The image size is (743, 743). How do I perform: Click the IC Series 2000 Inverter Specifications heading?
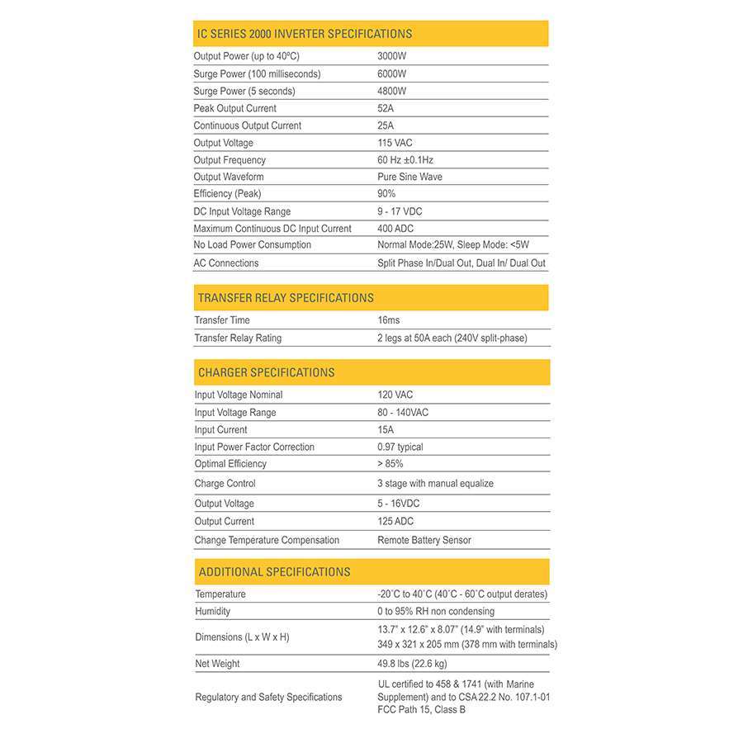[304, 34]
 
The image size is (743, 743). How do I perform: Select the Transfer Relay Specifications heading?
[286, 298]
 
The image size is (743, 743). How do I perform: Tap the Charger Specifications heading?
[266, 372]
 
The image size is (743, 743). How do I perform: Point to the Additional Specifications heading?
[274, 572]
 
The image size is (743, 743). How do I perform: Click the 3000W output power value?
[392, 57]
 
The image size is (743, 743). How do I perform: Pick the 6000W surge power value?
[392, 74]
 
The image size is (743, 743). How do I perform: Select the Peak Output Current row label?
[234, 108]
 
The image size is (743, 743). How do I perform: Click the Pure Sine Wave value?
[409, 177]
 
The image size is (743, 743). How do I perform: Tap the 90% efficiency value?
[386, 194]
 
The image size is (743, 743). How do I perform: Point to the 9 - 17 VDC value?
[400, 211]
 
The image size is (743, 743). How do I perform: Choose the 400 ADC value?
[395, 229]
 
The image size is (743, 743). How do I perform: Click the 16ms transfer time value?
[389, 320]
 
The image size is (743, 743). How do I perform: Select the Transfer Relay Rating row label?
[238, 338]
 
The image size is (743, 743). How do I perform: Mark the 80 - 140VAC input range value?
[403, 413]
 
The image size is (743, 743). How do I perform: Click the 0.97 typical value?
[400, 447]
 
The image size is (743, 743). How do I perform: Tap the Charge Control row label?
[225, 484]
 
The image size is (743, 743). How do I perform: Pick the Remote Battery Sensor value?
[424, 541]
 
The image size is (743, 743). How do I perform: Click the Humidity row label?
[212, 612]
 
